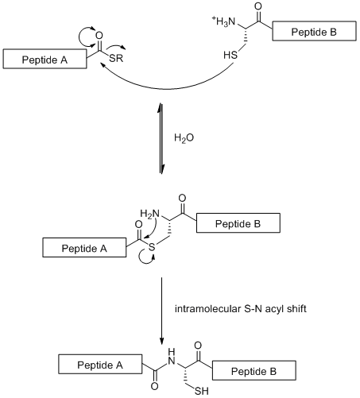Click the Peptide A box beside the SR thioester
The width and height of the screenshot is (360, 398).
(x=45, y=59)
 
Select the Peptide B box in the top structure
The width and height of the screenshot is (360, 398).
(x=314, y=31)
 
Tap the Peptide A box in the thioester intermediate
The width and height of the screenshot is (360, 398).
(x=84, y=247)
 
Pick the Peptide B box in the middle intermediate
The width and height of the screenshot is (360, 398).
(x=238, y=223)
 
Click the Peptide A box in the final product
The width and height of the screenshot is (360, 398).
(x=100, y=364)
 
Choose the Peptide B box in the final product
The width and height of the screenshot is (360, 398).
(x=254, y=370)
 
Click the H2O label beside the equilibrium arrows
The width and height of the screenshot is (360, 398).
(x=184, y=137)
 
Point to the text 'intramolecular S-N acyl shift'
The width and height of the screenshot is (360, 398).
(x=241, y=309)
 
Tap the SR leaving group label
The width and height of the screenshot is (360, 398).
(x=116, y=58)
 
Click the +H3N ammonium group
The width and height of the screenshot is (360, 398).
(x=223, y=21)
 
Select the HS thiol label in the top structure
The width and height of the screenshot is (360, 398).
(x=230, y=55)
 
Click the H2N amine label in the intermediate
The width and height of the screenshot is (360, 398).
(x=150, y=214)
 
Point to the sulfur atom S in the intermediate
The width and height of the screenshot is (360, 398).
(x=152, y=247)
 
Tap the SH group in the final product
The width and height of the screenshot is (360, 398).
(x=201, y=391)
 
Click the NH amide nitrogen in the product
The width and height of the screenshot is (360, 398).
(x=172, y=357)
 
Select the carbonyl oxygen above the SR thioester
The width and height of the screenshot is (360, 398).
(x=99, y=36)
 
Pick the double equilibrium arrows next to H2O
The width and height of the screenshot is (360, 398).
(x=161, y=138)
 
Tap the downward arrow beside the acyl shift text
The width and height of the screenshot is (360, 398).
(x=161, y=311)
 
